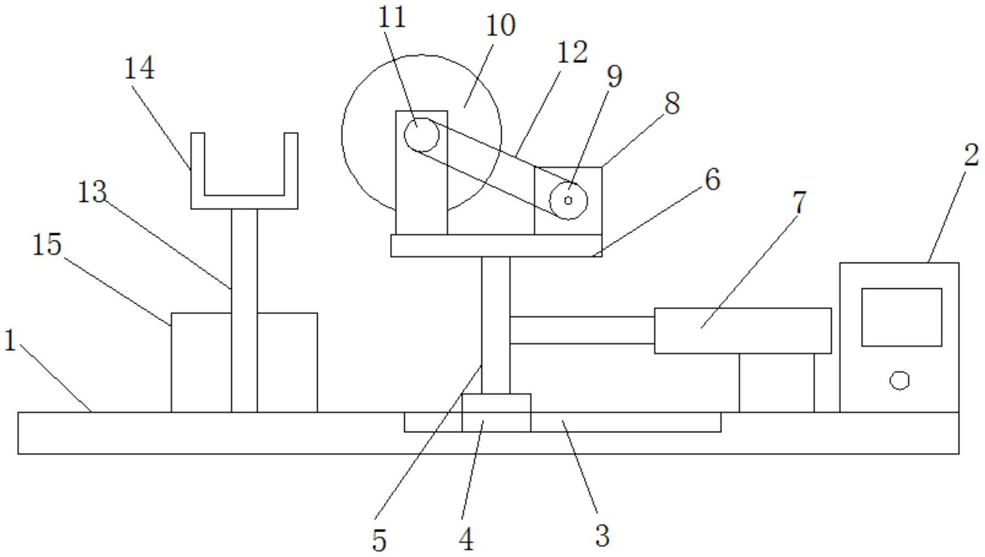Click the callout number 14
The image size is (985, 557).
pos(140,69)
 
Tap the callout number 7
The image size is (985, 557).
pos(800,202)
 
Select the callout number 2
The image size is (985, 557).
pos(970,155)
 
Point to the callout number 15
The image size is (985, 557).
pos(47,244)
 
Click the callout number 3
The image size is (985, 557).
pos(602,535)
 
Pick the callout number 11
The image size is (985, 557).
pos(392,17)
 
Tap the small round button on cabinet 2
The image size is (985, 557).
pos(899,380)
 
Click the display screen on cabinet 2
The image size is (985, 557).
pos(901,317)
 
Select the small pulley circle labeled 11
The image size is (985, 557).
pos(421,135)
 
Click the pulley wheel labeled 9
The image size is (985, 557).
pos(568,200)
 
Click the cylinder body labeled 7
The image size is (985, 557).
pos(742,330)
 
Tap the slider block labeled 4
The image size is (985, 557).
pos(496,413)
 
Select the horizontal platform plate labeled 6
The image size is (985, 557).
pos(496,246)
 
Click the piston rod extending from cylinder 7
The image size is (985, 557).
pos(582,330)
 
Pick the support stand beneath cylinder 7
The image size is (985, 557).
pos(776,382)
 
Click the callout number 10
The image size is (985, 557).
pos(500,25)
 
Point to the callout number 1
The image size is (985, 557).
pos(9,341)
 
